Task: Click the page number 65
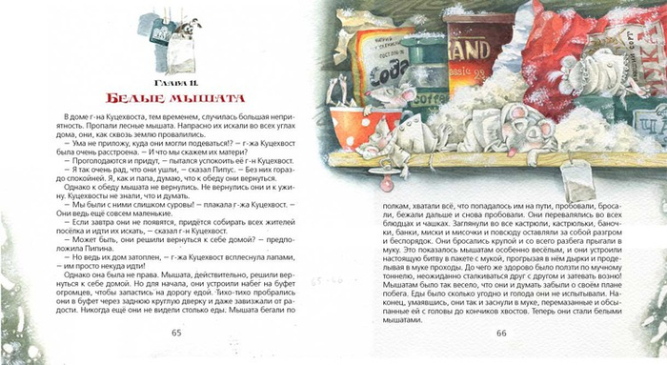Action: (175, 332)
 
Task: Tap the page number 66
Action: (501, 332)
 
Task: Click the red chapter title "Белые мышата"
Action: (175, 97)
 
